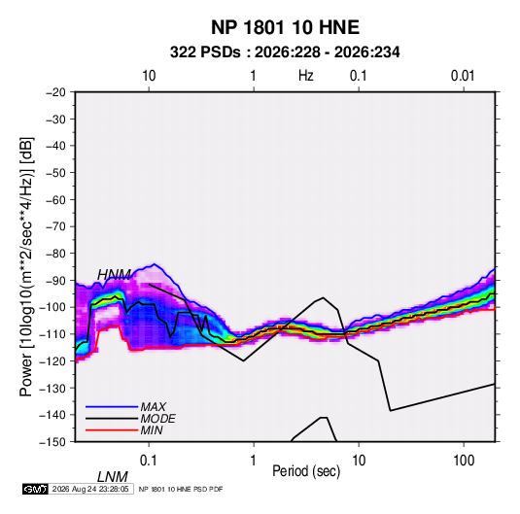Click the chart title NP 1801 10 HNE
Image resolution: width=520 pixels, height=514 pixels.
tap(285, 27)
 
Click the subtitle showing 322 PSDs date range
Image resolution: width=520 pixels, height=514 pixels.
tap(285, 52)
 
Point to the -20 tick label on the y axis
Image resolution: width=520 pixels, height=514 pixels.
tap(55, 92)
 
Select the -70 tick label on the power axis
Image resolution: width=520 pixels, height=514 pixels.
tap(55, 226)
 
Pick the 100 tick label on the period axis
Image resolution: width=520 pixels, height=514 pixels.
tap(464, 461)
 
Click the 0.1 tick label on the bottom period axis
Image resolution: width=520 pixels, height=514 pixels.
tap(149, 461)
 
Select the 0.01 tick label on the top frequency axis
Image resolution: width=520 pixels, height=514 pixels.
tap(463, 76)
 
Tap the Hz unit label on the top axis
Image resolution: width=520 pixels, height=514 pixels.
tap(306, 76)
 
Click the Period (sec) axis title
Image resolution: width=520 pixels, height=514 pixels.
tap(306, 471)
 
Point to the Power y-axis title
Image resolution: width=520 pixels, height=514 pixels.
tap(26, 266)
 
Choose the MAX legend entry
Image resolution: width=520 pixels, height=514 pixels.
tap(153, 406)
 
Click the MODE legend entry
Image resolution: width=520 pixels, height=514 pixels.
tap(157, 419)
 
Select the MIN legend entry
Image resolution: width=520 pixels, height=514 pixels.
tap(152, 430)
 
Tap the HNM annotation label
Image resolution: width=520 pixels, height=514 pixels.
tap(114, 275)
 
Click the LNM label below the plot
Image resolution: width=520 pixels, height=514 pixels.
tap(113, 477)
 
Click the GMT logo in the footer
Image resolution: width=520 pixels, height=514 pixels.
tap(35, 489)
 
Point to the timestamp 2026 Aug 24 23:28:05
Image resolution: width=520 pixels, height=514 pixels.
tap(90, 489)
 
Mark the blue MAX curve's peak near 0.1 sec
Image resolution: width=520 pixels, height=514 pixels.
tap(154, 264)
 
